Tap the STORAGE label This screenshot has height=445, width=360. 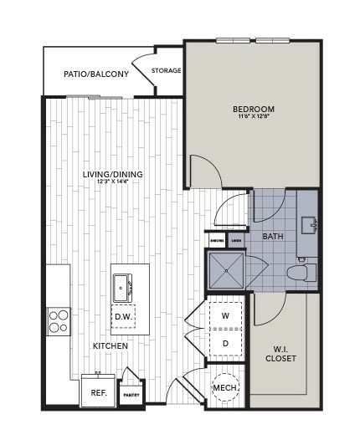click(x=167, y=70)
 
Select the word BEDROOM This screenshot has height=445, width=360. click(x=253, y=109)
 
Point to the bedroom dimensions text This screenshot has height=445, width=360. click(x=253, y=117)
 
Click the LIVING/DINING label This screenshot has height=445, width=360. click(x=113, y=174)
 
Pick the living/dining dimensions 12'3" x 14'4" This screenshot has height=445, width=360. click(x=113, y=182)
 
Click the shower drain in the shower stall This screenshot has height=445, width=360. click(x=227, y=270)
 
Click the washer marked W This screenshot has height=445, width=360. click(x=225, y=316)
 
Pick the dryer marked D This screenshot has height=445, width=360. click(x=225, y=342)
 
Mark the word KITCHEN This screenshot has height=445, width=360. click(x=111, y=345)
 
